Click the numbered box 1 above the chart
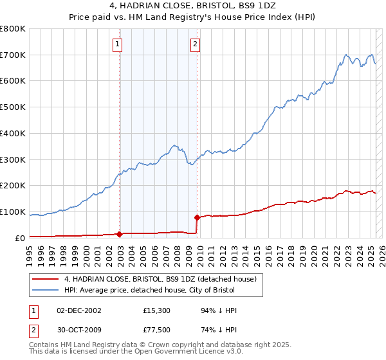118,44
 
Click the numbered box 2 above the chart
195,44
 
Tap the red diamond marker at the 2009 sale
197,217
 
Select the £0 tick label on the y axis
20,239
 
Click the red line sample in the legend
45,279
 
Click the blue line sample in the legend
45,290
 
